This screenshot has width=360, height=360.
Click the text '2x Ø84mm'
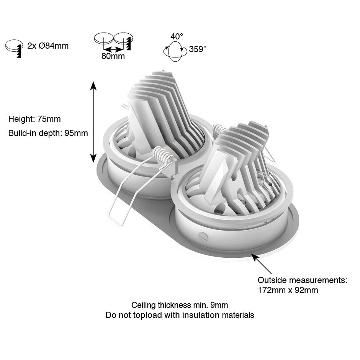tap(48, 46)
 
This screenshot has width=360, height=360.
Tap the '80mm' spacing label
tap(113, 56)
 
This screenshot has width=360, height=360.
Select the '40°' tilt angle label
tap(177, 36)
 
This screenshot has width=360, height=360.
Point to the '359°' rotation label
tap(198, 49)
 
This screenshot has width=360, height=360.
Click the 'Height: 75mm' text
tap(34, 119)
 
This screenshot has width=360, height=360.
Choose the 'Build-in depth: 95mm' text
tap(48, 133)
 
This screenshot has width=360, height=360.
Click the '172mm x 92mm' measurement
tap(288, 290)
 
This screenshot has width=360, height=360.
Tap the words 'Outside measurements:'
tap(303, 280)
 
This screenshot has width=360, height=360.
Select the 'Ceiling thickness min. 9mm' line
tap(180, 305)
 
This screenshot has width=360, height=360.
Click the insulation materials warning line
tap(180, 315)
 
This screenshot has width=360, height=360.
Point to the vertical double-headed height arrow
tap(93, 122)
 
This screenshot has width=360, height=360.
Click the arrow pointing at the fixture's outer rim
tap(261, 263)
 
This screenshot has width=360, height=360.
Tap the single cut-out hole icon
tap(14, 48)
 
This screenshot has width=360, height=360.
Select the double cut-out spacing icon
tap(114, 42)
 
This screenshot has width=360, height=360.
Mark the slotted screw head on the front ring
tap(203, 236)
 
